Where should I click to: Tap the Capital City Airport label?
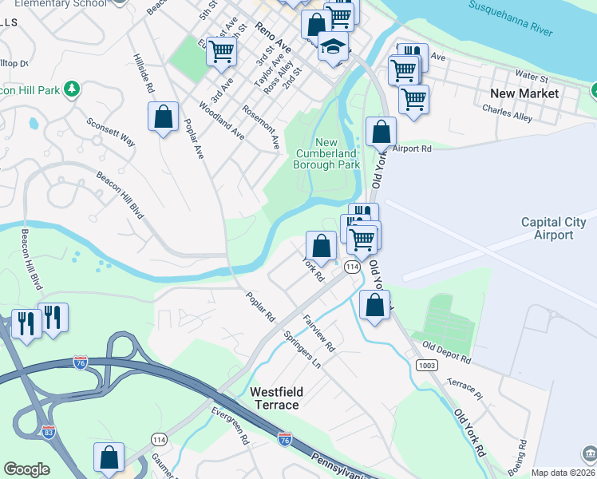pos(558,228)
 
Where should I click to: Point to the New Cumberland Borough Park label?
pos(327,153)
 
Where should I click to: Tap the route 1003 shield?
pos(425,365)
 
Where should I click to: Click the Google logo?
pos(26,469)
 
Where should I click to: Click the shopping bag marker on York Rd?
pos(321,245)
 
